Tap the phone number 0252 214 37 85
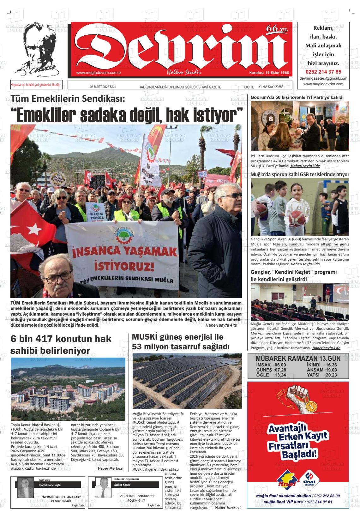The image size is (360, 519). coord(325,72)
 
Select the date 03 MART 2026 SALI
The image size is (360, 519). coord(103,87)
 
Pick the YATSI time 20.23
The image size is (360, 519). coord(331,375)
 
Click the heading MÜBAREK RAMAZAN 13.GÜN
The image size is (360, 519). coord(298,359)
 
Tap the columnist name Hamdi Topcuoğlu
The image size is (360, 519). coord(50,485)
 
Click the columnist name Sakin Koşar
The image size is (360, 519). coord(122,485)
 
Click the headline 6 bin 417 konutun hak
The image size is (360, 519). coord(61,339)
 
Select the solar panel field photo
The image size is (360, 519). coord(187,381)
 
